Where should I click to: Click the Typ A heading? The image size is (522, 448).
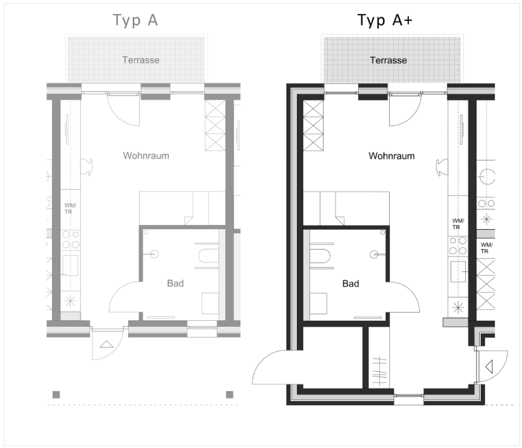[x=135, y=21]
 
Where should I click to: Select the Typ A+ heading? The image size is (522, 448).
[x=385, y=21]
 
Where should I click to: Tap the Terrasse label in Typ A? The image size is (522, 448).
[x=141, y=60]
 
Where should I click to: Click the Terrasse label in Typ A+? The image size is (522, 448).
[x=389, y=60]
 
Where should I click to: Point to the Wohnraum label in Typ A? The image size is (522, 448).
[x=146, y=156]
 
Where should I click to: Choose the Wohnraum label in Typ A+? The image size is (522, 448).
[x=391, y=156]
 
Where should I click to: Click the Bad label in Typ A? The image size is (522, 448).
[x=175, y=283]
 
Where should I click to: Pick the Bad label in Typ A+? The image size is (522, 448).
[x=350, y=283]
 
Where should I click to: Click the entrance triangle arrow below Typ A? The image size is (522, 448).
[x=107, y=344]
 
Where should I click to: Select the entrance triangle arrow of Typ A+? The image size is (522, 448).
[x=489, y=367]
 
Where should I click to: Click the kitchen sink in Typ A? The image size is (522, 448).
[x=70, y=265]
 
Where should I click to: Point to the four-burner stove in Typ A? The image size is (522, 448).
[x=71, y=240]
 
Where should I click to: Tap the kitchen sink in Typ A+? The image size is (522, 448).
[x=458, y=272]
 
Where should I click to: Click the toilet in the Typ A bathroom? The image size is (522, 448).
[x=208, y=256]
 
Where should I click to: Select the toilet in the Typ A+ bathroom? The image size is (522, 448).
[x=320, y=256]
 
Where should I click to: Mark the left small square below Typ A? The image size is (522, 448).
[x=56, y=395]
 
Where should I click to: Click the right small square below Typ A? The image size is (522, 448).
[x=230, y=395]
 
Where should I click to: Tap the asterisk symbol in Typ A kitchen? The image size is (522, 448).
[x=71, y=302]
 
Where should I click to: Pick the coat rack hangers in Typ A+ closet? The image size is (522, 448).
[x=379, y=371]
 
